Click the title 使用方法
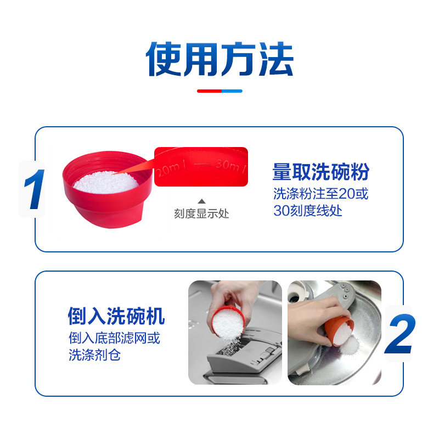click(x=219, y=59)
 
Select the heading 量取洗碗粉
click(x=320, y=172)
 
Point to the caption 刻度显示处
click(x=201, y=213)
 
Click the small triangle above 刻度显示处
click(x=201, y=201)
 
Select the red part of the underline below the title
click(x=209, y=91)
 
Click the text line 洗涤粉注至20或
click(x=320, y=194)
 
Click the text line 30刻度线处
click(x=308, y=210)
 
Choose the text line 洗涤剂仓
click(x=94, y=354)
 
